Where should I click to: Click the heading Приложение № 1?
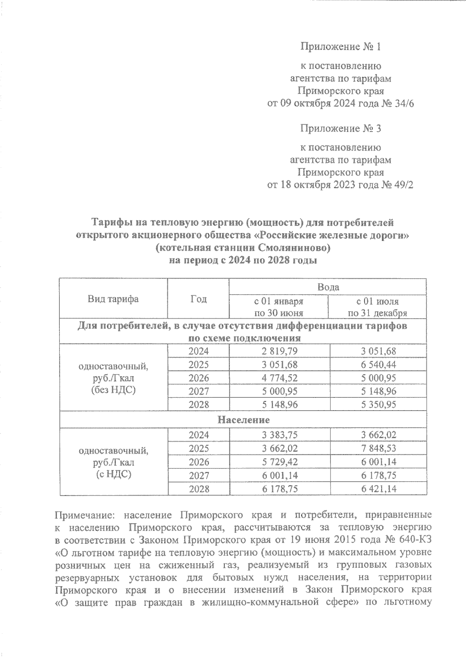341,47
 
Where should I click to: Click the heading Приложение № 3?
341,128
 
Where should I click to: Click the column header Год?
198,299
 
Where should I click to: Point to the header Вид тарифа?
113,299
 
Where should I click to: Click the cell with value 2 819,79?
280,351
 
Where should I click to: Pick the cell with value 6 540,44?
378,365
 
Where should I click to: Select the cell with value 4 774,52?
280,378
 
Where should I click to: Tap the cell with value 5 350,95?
378,405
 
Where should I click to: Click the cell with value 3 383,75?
280,435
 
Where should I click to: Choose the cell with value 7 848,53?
378,449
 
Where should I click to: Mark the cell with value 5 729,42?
280,462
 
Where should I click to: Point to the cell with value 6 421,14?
378,489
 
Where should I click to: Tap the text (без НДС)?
113,390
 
